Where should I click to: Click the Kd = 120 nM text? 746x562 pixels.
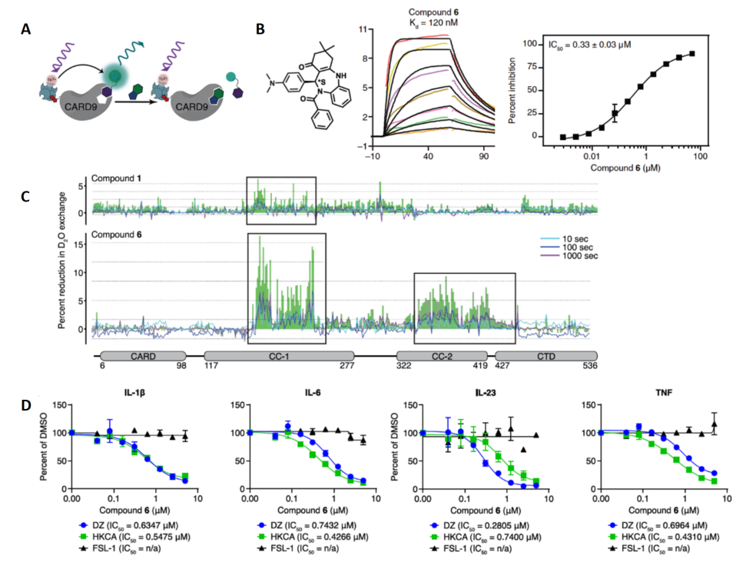click(433, 23)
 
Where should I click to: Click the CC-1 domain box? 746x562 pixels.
click(279, 356)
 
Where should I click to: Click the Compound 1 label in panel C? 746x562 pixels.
click(118, 179)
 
